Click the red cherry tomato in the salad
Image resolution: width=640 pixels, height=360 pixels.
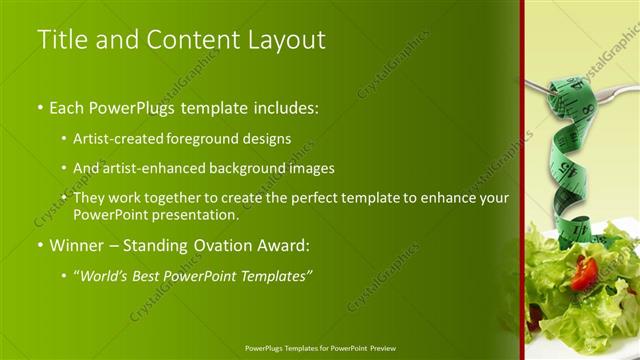point(586,271)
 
